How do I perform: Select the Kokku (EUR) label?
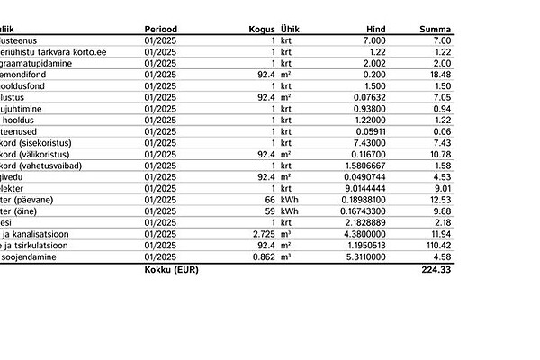(171, 269)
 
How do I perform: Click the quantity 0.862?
(263, 256)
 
